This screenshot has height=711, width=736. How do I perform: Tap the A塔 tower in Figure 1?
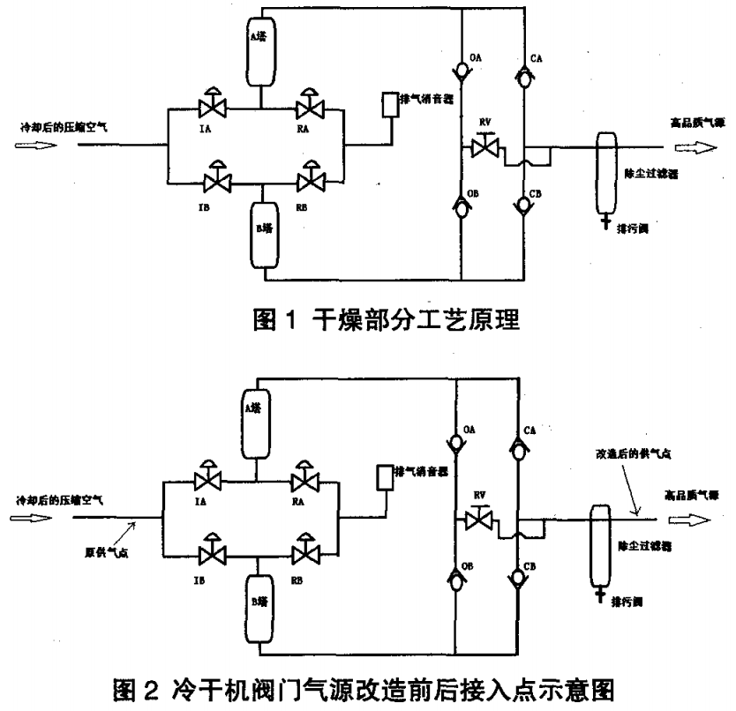click(259, 51)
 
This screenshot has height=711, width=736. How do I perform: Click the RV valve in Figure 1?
click(481, 148)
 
